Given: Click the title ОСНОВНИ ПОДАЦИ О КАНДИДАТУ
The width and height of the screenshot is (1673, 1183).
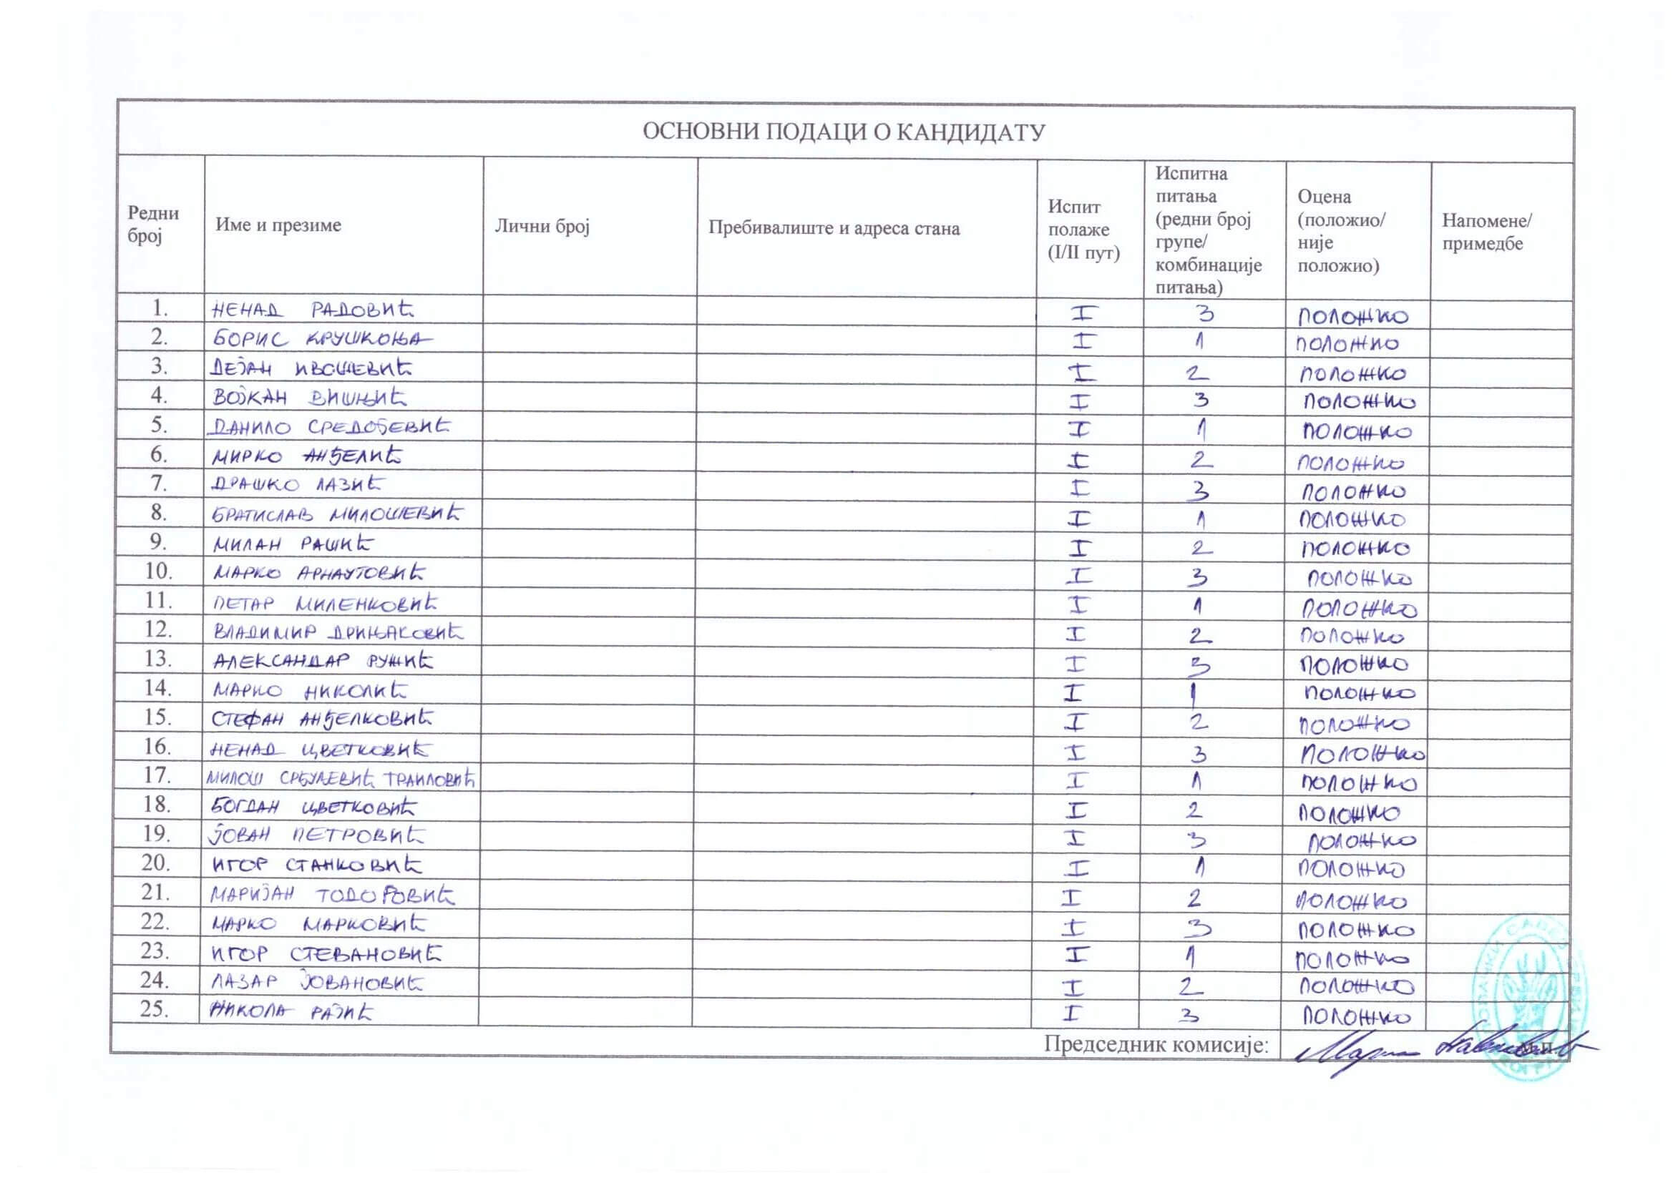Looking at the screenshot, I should pos(843,132).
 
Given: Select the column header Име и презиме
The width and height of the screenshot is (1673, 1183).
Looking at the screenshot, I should pos(278,225).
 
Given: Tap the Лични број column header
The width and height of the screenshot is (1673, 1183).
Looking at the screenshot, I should pos(542,227).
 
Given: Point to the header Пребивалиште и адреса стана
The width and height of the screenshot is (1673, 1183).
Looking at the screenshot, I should pos(834,229).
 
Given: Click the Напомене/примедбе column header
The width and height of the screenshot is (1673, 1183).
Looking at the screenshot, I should pos(1486,232).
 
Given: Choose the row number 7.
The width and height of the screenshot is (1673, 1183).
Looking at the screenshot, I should pos(159,483).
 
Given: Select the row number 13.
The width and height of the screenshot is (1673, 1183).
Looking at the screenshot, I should pos(157,659).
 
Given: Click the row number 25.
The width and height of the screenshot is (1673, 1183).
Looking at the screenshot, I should pos(155,1010).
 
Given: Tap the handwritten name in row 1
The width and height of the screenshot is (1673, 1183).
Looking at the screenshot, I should pos(312,310).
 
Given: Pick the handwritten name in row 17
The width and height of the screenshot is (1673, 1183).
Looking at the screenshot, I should pos(341,779).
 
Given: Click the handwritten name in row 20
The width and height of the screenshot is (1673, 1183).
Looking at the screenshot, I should pos(316,865).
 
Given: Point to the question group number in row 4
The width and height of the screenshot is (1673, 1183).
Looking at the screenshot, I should pos(1201,400).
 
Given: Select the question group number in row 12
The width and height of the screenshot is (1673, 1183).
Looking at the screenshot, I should pos(1199,636).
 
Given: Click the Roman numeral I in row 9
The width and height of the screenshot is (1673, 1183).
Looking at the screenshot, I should pos(1078,547).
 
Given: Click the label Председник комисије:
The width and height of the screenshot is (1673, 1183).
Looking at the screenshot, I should pos(1156,1044).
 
